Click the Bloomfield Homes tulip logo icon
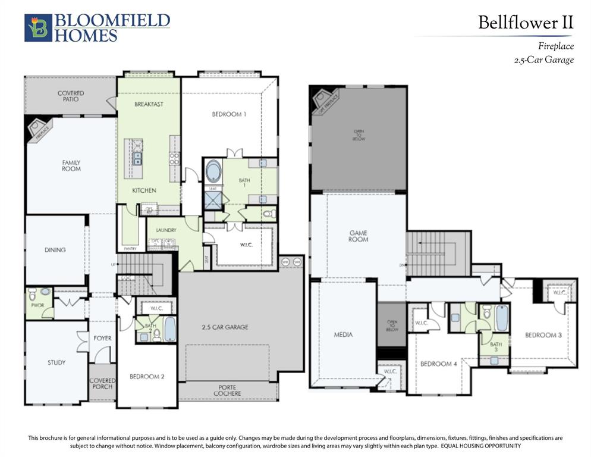tap(38, 28)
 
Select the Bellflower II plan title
tap(526, 23)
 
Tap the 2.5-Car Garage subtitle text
tap(543, 60)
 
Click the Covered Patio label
tap(71, 96)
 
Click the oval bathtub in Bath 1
tap(213, 171)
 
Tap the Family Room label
tap(71, 165)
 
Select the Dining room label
tap(55, 250)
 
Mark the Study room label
tap(56, 362)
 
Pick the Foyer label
tap(102, 338)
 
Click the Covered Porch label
tap(102, 383)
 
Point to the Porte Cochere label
tap(228, 390)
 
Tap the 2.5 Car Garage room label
tap(225, 327)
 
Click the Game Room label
tap(359, 236)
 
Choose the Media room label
tap(343, 334)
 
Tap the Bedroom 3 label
tap(543, 335)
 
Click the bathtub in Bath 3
tap(502, 318)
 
